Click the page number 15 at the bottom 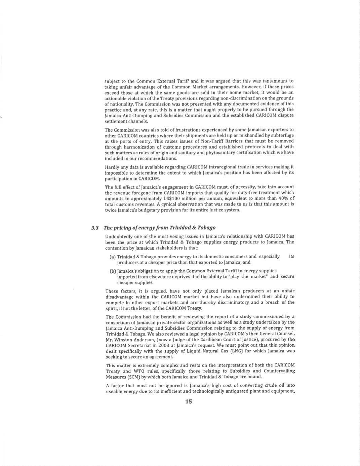click(188, 401)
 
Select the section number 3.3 click(95, 228)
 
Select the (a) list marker click(113, 257)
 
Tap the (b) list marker click(113, 271)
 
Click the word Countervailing click(278, 371)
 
